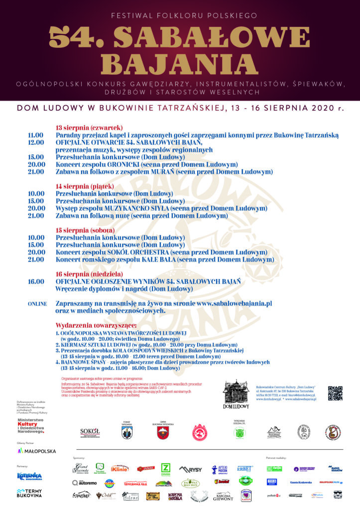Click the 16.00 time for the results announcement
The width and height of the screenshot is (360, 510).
[36, 281]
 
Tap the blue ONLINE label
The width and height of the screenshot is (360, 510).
[37, 303]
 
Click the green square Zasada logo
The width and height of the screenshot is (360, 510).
[166, 469]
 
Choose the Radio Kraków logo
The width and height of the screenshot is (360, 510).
[335, 469]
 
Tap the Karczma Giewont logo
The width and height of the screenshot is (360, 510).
[224, 496]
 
